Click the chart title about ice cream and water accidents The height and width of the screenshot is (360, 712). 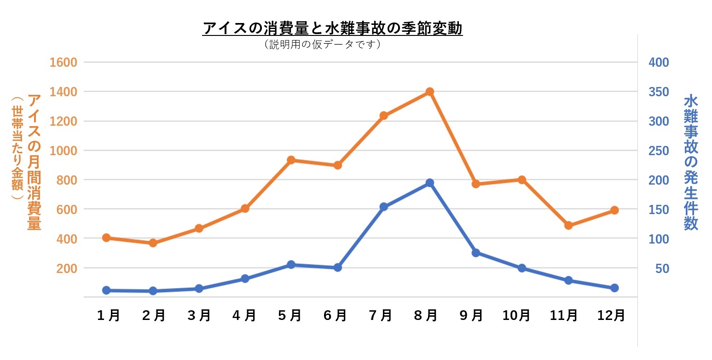332,29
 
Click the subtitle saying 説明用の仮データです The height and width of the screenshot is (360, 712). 322,45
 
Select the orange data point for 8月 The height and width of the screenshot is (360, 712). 430,92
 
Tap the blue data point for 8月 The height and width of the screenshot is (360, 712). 430,183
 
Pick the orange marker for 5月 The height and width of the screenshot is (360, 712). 291,160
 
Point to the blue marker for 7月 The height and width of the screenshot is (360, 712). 384,207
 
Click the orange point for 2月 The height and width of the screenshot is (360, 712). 153,243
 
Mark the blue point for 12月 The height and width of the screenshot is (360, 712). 614,288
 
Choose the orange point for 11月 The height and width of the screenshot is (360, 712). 568,226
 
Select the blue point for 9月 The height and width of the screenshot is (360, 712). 476,253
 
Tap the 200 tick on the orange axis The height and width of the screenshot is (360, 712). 67,268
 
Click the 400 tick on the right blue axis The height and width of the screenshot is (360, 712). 658,63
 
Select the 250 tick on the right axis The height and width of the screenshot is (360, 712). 658,151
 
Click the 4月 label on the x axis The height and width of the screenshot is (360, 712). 244,315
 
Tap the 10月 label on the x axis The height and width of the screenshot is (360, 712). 516,315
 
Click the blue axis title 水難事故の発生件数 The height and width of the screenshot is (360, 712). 691,162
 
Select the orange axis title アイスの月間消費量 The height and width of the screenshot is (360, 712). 35,162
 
